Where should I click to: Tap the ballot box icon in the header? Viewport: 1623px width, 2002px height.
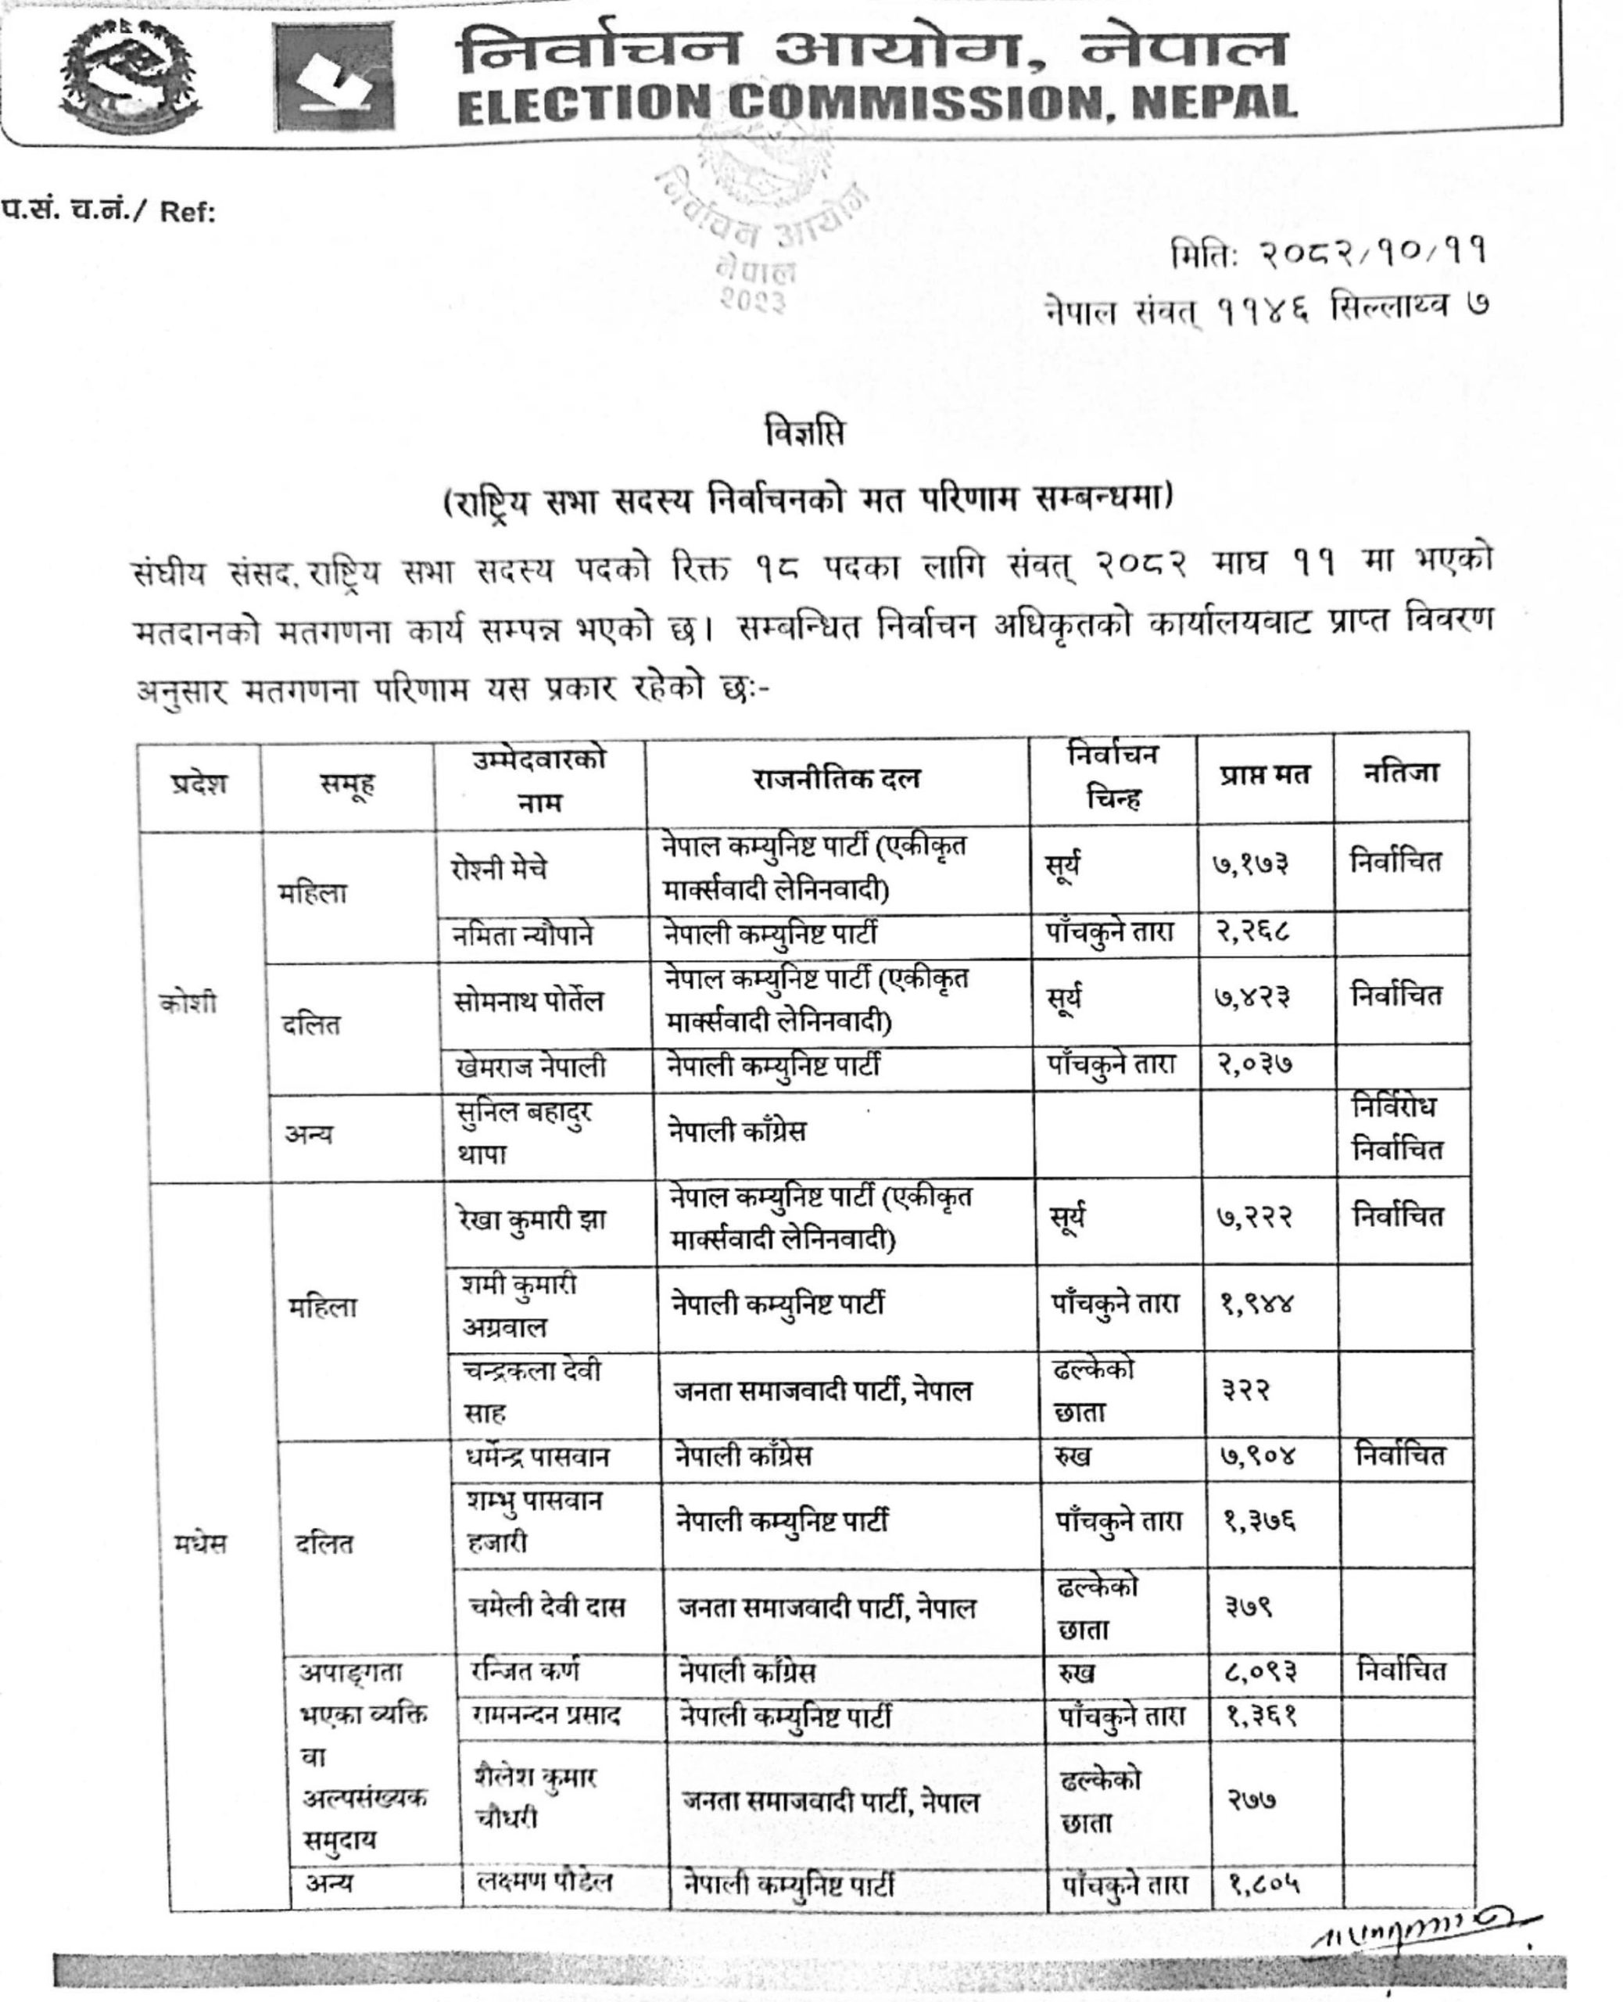pyautogui.click(x=334, y=77)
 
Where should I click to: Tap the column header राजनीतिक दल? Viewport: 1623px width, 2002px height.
pyautogui.click(x=837, y=779)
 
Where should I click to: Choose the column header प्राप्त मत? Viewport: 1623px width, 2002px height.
pyautogui.click(x=1263, y=775)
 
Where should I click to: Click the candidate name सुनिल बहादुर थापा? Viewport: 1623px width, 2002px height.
pyautogui.click(x=524, y=1132)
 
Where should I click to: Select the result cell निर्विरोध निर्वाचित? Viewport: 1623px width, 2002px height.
pyautogui.click(x=1397, y=1128)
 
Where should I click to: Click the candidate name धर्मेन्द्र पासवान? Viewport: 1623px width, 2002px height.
pyautogui.click(x=536, y=1457)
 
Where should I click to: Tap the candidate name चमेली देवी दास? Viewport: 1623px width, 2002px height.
pyautogui.click(x=546, y=1606)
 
